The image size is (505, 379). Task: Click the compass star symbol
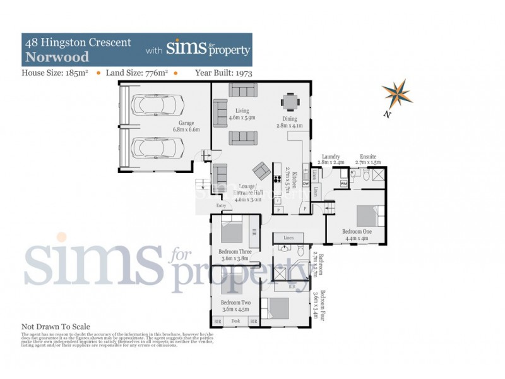pyautogui.click(x=396, y=93)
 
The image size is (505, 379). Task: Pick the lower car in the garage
pyautogui.click(x=155, y=149)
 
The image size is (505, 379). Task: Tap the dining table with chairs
pyautogui.click(x=290, y=102)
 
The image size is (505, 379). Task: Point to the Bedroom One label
pyautogui.click(x=357, y=232)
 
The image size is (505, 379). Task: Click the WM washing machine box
pyautogui.click(x=344, y=183)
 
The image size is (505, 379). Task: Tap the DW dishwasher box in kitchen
pyautogui.click(x=305, y=184)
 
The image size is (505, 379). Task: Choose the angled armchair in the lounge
pyautogui.click(x=261, y=171)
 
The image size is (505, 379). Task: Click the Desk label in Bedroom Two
pyautogui.click(x=235, y=322)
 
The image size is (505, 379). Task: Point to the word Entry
pyautogui.click(x=220, y=206)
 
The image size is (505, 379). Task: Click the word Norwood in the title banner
pyautogui.click(x=56, y=56)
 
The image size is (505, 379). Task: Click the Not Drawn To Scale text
pyautogui.click(x=56, y=327)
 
